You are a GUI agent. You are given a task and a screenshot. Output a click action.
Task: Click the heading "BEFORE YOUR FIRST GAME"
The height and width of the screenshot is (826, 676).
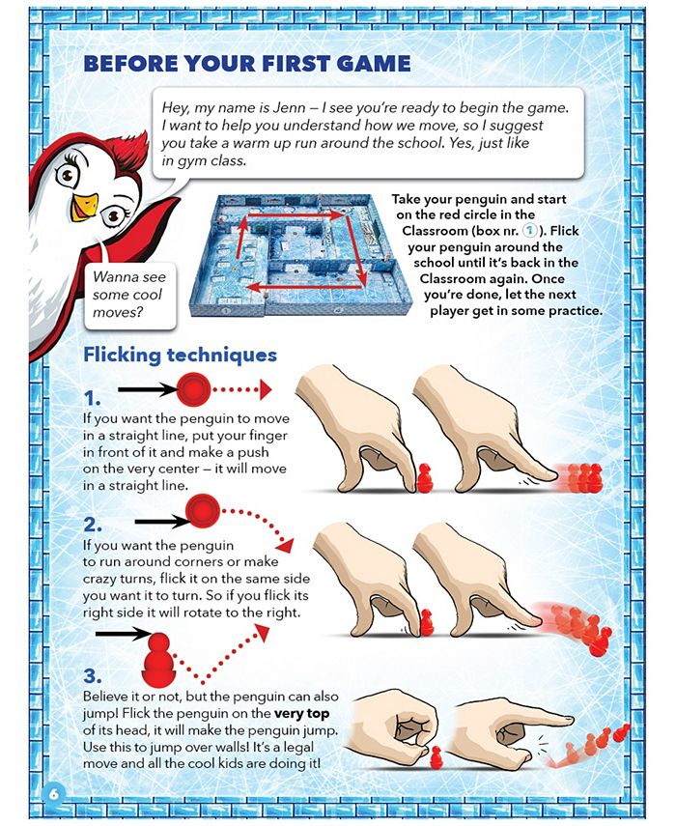tap(247, 64)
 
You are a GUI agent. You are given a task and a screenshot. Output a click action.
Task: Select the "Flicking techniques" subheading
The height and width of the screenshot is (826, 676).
tap(180, 355)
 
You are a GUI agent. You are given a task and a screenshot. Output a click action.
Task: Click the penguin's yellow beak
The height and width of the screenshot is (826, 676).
tap(86, 205)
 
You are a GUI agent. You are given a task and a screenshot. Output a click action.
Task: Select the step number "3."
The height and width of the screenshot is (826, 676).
tap(93, 674)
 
